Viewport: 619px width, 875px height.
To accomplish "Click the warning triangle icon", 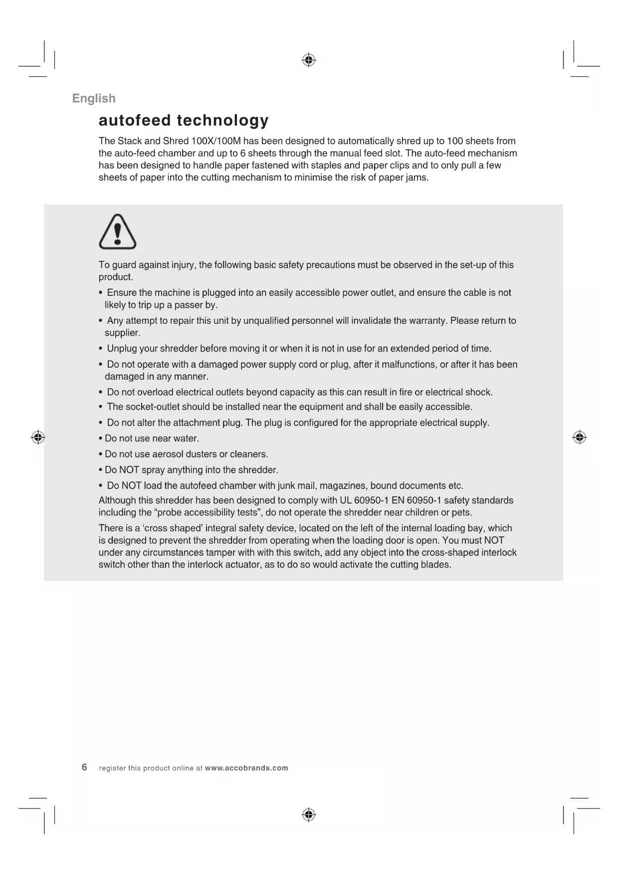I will click(x=118, y=232).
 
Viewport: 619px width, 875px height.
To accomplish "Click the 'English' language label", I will click(x=94, y=98).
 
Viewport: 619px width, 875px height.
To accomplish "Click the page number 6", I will click(x=84, y=767).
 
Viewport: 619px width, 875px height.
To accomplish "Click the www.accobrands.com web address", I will click(x=246, y=768).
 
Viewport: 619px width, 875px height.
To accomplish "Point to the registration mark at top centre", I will click(x=309, y=60).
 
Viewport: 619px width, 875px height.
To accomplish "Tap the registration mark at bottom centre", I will click(x=309, y=815).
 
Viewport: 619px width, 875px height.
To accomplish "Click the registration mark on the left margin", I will click(x=38, y=437).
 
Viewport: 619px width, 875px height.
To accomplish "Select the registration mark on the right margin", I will click(x=579, y=437).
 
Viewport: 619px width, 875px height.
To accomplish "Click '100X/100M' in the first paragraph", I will click(x=216, y=141).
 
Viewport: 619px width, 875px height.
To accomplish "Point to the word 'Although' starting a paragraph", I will click(x=117, y=500).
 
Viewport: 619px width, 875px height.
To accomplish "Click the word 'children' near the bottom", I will click(x=422, y=513).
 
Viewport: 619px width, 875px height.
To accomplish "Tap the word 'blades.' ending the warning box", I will click(x=435, y=565).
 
